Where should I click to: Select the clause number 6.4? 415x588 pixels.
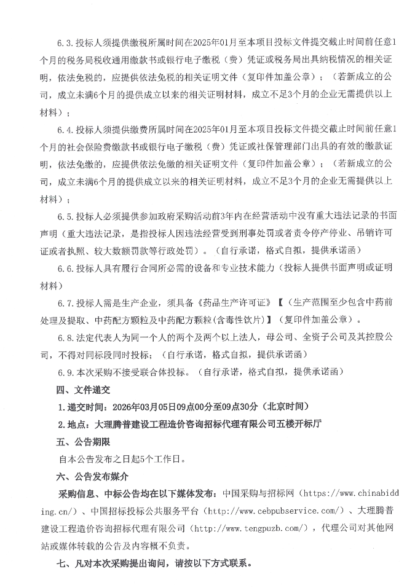[65, 130]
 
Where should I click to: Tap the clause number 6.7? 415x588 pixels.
[65, 303]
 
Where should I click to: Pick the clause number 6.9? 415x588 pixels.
[65, 372]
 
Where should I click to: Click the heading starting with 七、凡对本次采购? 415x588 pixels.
[92, 562]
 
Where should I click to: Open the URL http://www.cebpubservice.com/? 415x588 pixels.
[274, 511]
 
